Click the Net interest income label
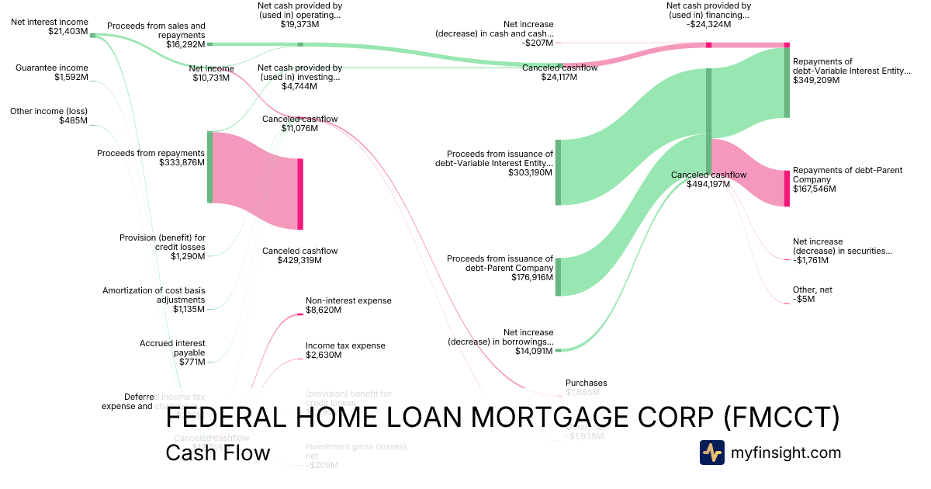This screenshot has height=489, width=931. pos(49,26)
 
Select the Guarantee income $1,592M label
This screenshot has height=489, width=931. pos(52,72)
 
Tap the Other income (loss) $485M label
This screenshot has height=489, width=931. pos(49,116)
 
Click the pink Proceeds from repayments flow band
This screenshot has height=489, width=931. pos(254,180)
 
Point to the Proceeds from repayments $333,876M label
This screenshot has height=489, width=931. pos(151,158)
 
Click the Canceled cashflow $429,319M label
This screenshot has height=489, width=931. pos(299,255)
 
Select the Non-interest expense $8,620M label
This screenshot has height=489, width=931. pos(348,305)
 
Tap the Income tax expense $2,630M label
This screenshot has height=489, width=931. pos(345,350)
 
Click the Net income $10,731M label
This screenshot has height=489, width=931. pos(211,74)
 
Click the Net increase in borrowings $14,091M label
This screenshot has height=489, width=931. pos(500,341)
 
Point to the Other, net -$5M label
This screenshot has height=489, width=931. pos(812,294)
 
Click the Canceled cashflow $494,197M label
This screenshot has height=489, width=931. pos(708,179)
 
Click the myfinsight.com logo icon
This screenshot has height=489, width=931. pos(711,453)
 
